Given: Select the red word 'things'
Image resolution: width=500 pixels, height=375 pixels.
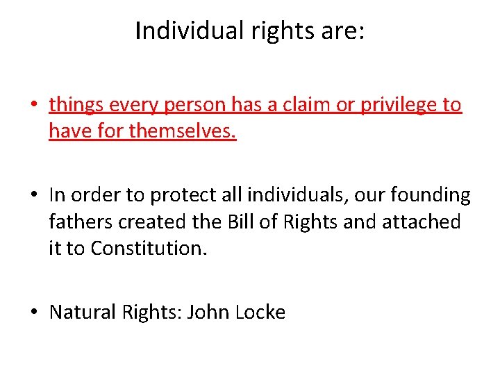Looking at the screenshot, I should [x=73, y=105].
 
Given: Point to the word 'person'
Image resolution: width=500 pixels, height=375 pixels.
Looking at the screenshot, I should [x=194, y=105].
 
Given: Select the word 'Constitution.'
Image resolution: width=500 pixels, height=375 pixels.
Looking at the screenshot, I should [x=148, y=248].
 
